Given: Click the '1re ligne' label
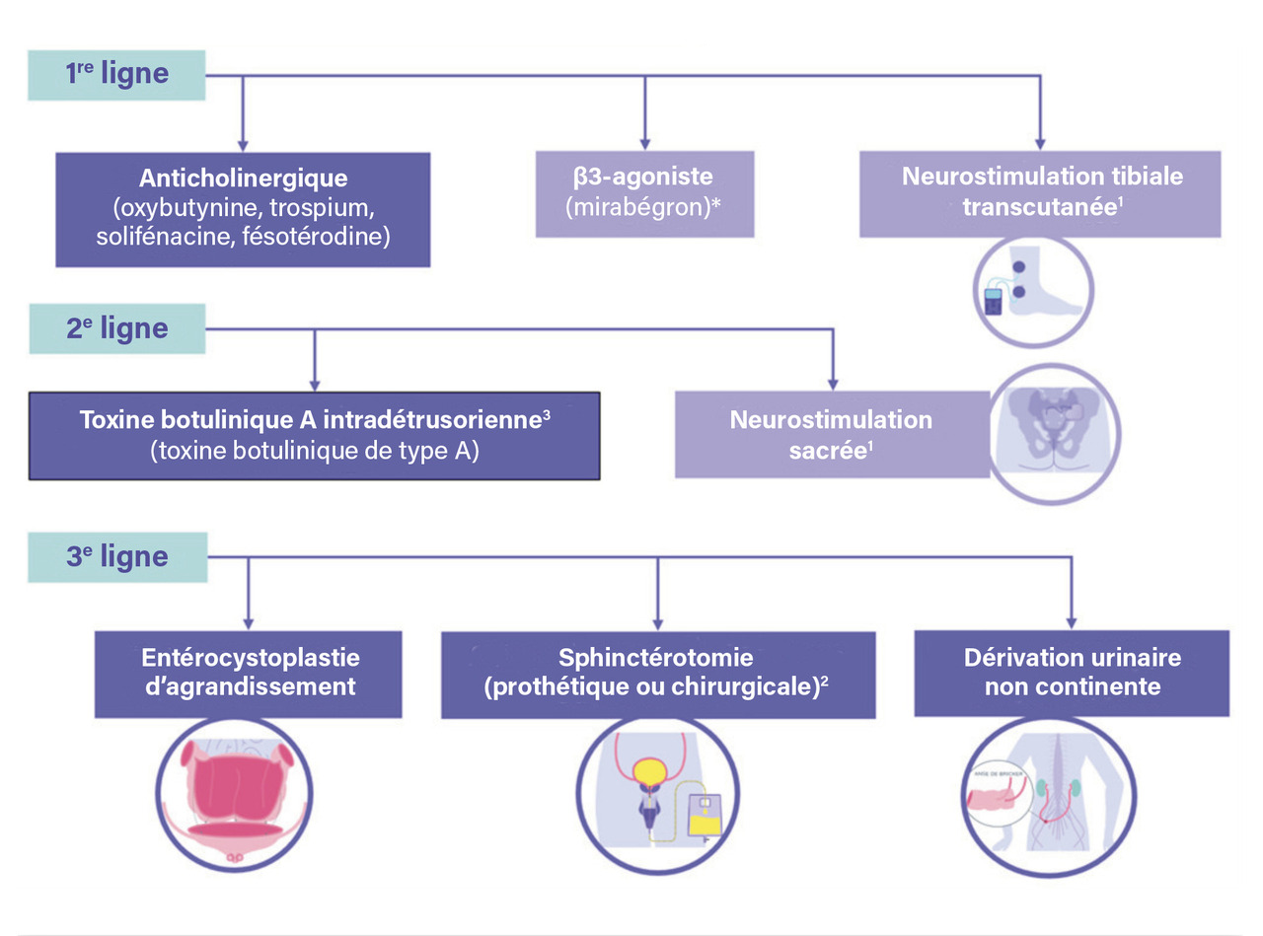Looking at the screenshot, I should tap(116, 74).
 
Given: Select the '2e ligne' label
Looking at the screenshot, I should tap(116, 329).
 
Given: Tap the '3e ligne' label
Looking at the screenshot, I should tap(116, 556).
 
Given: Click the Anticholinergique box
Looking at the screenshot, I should tap(243, 209).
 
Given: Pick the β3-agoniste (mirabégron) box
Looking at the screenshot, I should tap(644, 193).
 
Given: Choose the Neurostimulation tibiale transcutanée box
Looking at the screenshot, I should tap(1042, 193).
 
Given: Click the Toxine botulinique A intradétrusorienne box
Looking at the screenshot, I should tap(314, 435).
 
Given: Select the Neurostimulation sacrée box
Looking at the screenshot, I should tap(831, 434).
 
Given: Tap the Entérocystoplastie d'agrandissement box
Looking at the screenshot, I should tap(249, 673).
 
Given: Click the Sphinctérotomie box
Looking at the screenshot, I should tap(657, 673).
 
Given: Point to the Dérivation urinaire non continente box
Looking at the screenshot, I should tap(1072, 673).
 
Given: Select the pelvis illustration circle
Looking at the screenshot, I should tap(1055, 433).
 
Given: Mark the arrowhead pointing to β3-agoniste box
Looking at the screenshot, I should tap(644, 144).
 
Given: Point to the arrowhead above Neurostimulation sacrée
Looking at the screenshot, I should tap(832, 383).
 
